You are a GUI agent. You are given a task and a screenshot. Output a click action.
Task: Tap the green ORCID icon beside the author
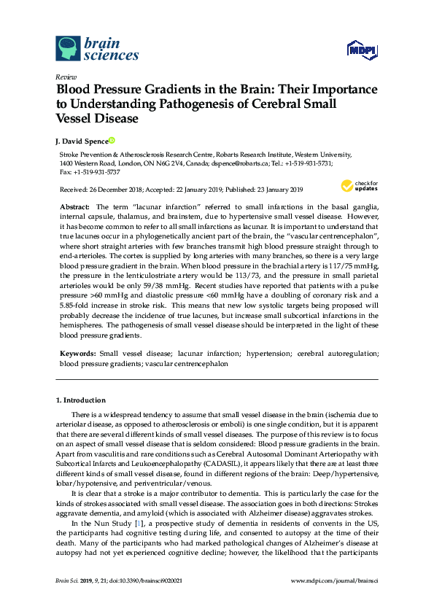[x=112, y=140]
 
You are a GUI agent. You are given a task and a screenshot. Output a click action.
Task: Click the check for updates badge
[x=359, y=185]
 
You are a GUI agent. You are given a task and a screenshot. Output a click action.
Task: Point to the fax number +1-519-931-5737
[x=96, y=172]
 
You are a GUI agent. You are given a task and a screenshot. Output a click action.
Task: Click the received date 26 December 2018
[x=120, y=190]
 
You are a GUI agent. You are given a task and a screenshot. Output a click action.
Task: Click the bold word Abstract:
[x=74, y=208]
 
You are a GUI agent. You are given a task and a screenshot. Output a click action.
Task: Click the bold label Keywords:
[x=77, y=353]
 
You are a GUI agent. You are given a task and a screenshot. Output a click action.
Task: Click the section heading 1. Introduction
[x=81, y=400]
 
